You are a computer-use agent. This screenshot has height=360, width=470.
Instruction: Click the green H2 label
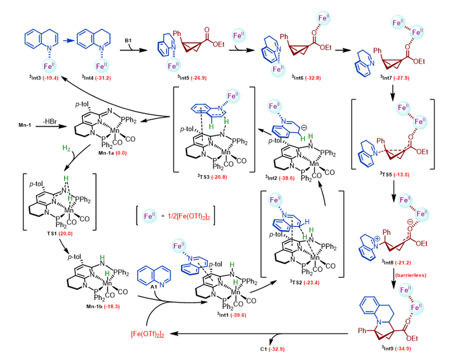tap(60, 149)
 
